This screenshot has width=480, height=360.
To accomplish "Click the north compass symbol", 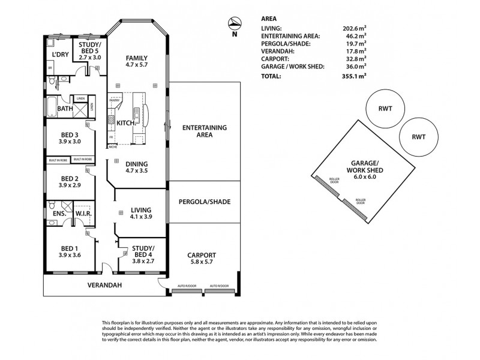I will [x=235, y=25].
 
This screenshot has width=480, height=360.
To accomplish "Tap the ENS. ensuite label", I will [x=59, y=213].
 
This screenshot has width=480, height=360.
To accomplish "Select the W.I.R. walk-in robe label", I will [x=82, y=213].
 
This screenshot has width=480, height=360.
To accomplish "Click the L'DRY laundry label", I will [x=59, y=55].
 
